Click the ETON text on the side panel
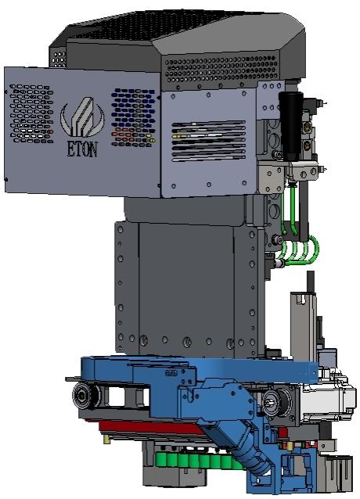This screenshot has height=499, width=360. point(82,149)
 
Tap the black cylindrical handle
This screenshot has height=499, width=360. point(291,126)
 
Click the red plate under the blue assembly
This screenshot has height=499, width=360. point(149,427)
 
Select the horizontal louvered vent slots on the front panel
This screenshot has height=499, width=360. point(208,141)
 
